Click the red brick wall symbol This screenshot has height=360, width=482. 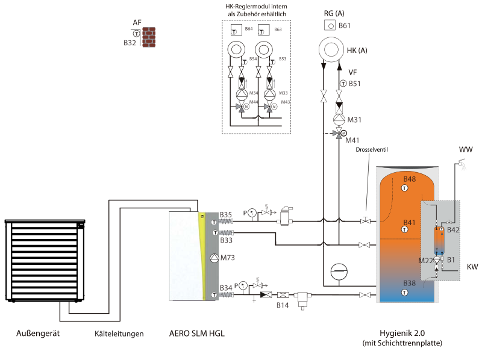[x=148, y=37]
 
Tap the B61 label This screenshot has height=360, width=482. [x=345, y=25]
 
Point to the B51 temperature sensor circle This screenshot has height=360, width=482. [x=343, y=84]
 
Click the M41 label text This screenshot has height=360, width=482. [x=352, y=140]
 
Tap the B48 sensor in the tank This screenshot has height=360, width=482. [x=404, y=188]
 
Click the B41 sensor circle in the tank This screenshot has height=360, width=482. [x=404, y=231]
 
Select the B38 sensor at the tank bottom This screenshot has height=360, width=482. [x=404, y=292]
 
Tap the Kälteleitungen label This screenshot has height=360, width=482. [x=119, y=334]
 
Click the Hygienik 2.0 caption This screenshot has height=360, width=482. [x=402, y=334]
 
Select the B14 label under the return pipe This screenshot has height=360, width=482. [x=283, y=306]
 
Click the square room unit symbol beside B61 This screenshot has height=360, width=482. [x=330, y=25]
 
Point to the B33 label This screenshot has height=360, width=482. [x=226, y=240]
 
